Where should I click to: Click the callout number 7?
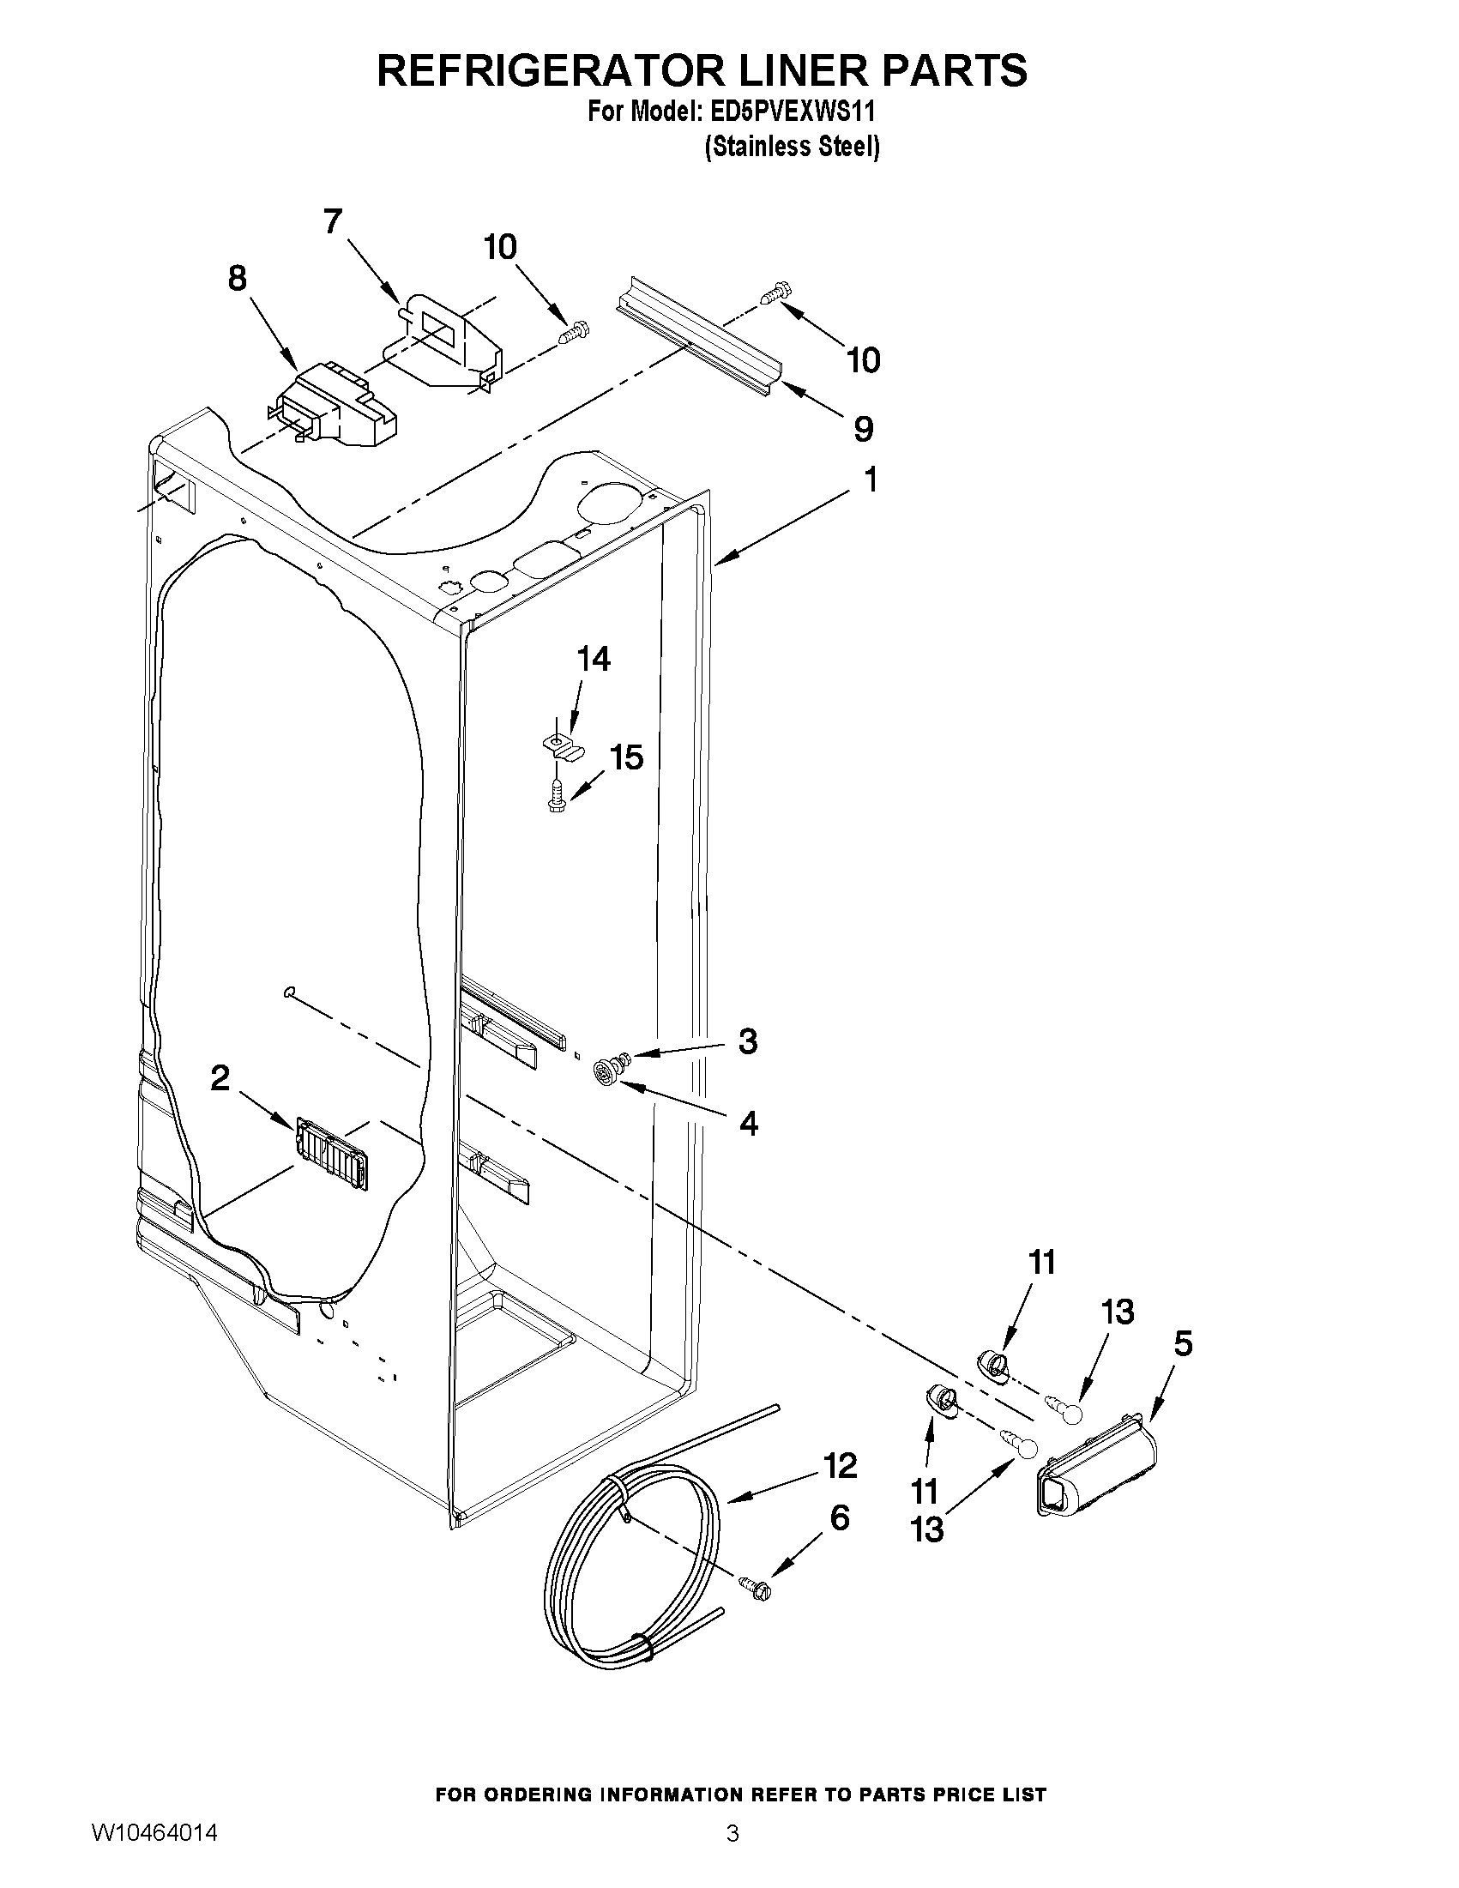click(334, 222)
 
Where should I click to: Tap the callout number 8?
click(237, 279)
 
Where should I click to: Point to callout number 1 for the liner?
click(871, 480)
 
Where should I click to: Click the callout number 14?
click(593, 659)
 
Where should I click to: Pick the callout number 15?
click(626, 757)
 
